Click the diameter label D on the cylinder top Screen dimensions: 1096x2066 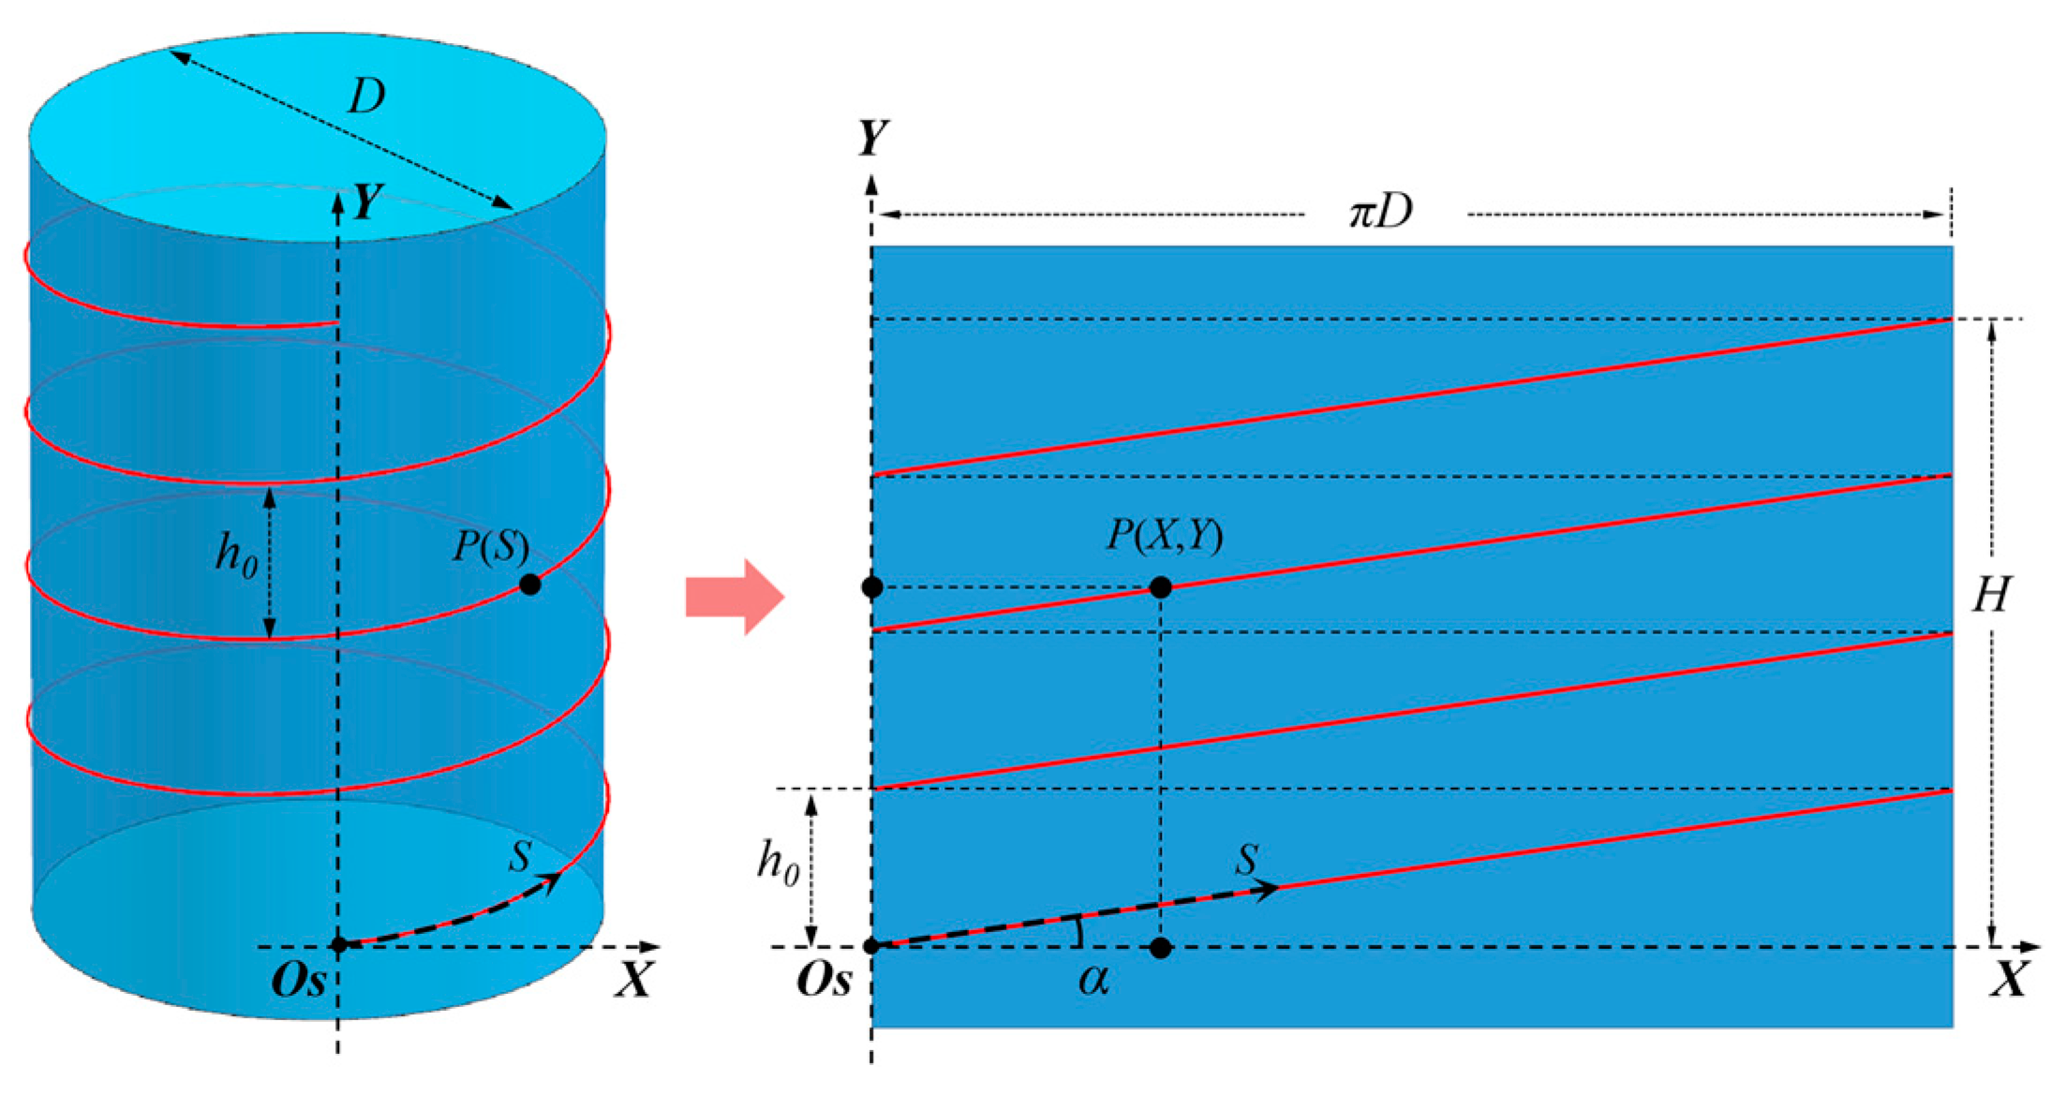(366, 96)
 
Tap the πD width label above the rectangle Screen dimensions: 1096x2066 (1380, 213)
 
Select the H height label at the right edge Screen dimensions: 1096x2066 (1991, 594)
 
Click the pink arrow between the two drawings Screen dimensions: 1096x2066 (734, 596)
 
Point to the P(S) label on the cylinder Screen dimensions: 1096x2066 (490, 546)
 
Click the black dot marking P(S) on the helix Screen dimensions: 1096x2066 (529, 585)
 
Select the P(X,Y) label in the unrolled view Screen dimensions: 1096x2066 (1165, 536)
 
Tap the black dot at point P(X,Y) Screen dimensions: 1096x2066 (1160, 587)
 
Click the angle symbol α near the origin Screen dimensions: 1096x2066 (1092, 980)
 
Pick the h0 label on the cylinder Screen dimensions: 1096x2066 (236, 556)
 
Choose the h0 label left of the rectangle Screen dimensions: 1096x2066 (778, 863)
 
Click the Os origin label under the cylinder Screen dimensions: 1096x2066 (298, 981)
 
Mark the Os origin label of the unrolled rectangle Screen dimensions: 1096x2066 (824, 981)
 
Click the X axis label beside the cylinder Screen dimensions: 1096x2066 (633, 981)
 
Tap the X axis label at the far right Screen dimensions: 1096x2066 (2009, 981)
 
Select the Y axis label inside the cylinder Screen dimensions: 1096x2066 (367, 201)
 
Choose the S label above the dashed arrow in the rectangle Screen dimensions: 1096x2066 (1246, 859)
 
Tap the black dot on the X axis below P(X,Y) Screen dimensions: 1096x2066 (1160, 947)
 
